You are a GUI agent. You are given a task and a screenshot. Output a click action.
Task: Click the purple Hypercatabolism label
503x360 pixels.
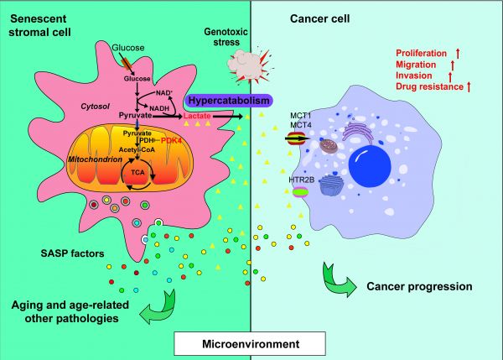(x=229, y=101)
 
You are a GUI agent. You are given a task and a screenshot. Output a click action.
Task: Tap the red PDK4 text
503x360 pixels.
(x=171, y=140)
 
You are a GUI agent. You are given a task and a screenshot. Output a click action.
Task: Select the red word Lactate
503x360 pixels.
(x=197, y=116)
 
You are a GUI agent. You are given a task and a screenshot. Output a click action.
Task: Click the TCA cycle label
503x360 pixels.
(x=137, y=173)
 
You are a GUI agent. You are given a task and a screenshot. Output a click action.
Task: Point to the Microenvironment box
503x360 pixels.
(x=250, y=344)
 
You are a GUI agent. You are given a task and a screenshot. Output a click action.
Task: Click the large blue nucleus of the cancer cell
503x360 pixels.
(x=370, y=166)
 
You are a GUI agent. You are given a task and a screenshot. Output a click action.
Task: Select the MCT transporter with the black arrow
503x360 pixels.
(x=297, y=138)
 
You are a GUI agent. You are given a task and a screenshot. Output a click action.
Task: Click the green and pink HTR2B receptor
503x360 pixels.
(x=301, y=192)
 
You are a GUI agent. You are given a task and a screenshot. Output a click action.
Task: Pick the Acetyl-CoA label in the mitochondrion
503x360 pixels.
(x=137, y=149)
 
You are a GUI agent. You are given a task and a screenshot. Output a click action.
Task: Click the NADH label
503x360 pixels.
(x=159, y=108)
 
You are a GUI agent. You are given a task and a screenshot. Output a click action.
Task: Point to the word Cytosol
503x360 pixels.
(x=95, y=107)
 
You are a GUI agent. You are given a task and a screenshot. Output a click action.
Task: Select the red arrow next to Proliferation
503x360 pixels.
(x=458, y=54)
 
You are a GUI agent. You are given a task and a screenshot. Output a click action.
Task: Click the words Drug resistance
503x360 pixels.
(x=429, y=86)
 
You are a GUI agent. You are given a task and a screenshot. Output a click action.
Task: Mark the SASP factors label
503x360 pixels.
(x=72, y=253)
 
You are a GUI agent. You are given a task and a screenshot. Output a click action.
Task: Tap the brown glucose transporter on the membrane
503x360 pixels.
(x=127, y=63)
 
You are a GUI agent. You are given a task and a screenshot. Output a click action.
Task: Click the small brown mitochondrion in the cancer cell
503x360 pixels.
(x=329, y=146)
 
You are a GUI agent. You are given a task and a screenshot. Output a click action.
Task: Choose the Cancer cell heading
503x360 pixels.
(x=320, y=18)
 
